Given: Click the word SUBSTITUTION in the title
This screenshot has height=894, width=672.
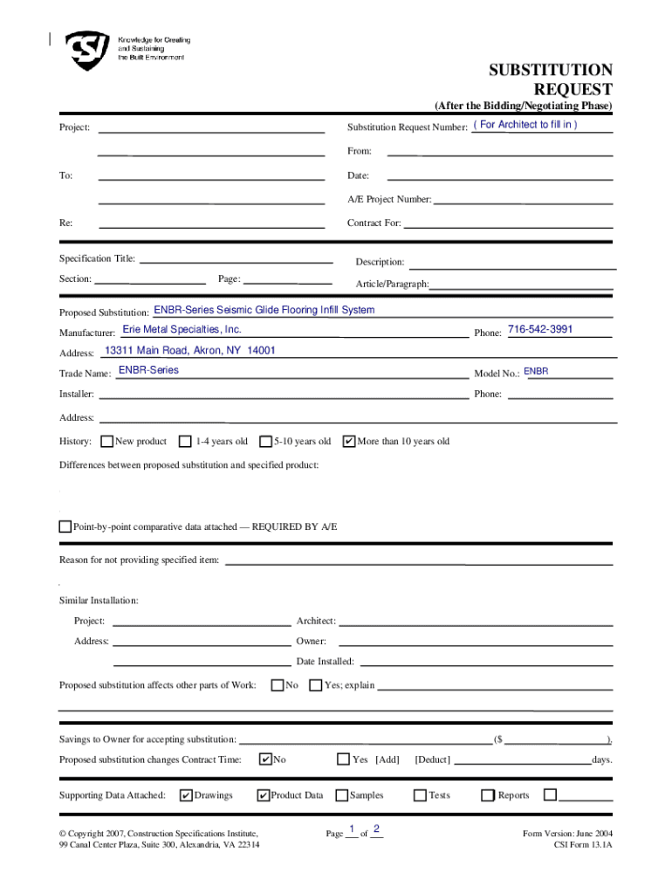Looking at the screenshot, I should (550, 71).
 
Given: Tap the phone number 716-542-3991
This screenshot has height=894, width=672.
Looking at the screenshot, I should (540, 329).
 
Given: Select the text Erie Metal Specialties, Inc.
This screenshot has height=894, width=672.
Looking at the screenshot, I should (182, 329).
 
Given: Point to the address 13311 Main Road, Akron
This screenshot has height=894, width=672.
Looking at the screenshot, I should (189, 350).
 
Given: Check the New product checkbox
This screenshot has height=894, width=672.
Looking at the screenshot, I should (107, 441).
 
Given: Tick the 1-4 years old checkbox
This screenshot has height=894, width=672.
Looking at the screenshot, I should (185, 441).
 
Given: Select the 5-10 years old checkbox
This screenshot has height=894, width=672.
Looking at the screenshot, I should (266, 441).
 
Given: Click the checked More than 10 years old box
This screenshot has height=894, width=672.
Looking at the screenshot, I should (349, 441).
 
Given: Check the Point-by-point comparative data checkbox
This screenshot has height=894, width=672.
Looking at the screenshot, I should (65, 526).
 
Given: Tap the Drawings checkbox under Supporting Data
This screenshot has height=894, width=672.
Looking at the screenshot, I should (186, 794).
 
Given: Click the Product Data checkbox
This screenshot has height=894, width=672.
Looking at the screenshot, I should (263, 794).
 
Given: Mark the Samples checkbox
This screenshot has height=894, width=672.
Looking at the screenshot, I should (342, 794).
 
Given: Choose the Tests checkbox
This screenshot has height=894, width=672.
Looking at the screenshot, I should (420, 794).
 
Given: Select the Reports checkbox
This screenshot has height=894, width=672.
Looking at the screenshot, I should (489, 794).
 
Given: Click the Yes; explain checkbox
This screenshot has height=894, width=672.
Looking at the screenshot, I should (316, 684).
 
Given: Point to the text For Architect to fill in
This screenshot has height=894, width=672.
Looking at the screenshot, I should (525, 125).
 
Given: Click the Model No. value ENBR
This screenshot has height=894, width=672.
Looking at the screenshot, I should (536, 372).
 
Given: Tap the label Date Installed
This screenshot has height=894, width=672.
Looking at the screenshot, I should (325, 662).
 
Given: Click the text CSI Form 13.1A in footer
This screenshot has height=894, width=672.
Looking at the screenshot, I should (583, 845).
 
